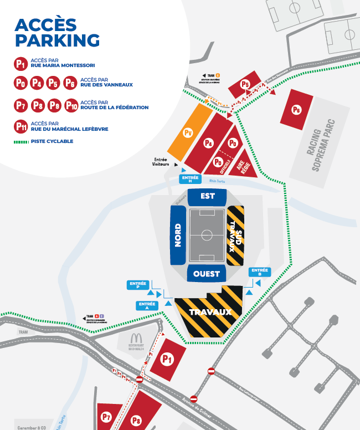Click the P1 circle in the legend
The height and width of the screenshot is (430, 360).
(21, 64)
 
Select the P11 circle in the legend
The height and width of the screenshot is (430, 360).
(21, 126)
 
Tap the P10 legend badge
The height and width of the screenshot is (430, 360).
(71, 105)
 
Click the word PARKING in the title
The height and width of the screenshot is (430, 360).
(57, 40)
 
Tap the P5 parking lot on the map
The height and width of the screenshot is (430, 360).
(245, 85)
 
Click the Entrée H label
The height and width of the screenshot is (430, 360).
(189, 178)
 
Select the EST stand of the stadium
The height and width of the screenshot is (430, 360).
(207, 196)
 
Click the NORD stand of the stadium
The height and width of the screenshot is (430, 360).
(178, 235)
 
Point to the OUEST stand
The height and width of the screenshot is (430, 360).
(207, 274)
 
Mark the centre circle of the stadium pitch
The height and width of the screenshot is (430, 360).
(207, 235)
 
